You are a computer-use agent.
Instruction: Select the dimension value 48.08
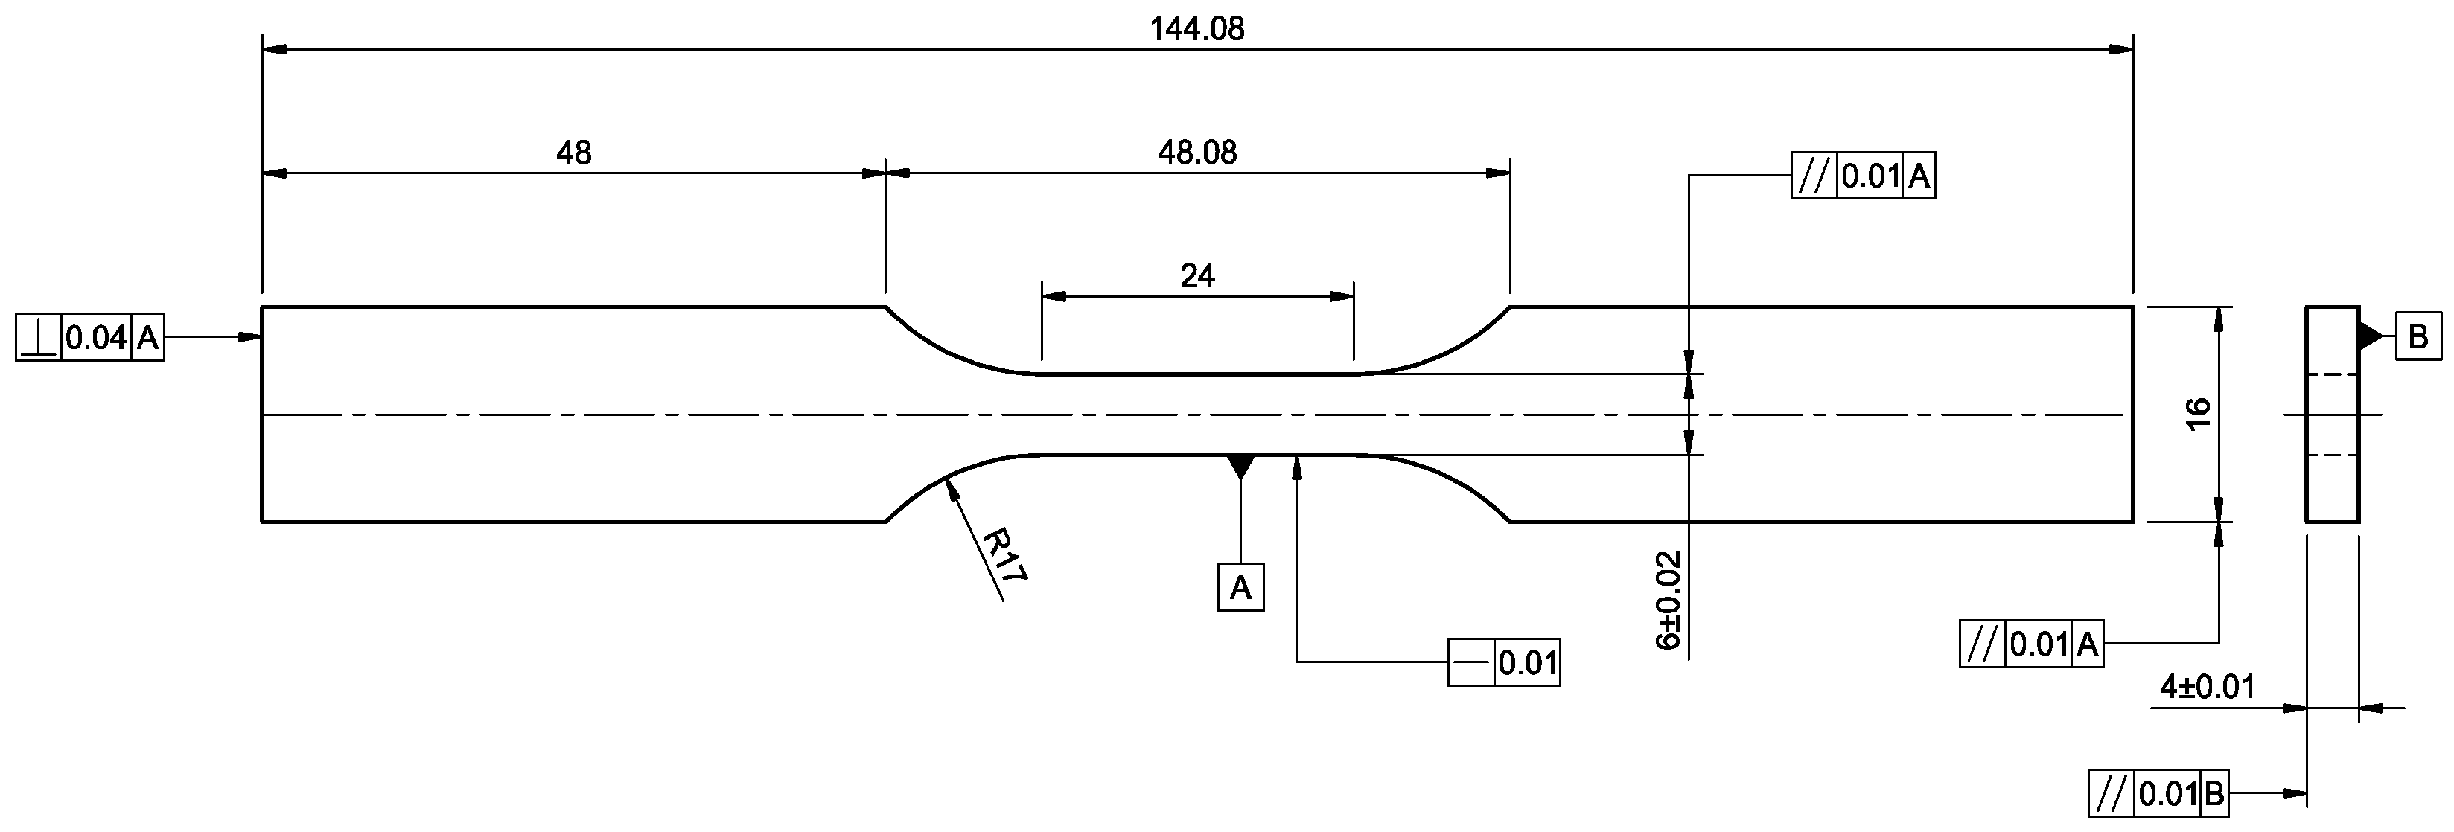[x=1196, y=153]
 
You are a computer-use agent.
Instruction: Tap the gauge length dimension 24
[x=1196, y=276]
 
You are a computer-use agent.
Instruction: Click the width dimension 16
[x=2198, y=414]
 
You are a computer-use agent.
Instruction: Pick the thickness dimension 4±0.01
[x=2206, y=686]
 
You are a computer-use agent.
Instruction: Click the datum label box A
[x=1240, y=587]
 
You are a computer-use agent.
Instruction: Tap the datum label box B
[x=2418, y=336]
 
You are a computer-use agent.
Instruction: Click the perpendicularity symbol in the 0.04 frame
[x=39, y=338]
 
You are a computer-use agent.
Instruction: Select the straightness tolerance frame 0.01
[x=1503, y=662]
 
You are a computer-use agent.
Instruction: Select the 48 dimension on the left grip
[x=573, y=153]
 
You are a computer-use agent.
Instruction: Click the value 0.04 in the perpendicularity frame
[x=96, y=338]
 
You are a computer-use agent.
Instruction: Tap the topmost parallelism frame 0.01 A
[x=1862, y=176]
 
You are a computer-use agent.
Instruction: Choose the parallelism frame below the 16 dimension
[x=2030, y=644]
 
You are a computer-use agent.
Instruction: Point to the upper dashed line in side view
[x=2331, y=375]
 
